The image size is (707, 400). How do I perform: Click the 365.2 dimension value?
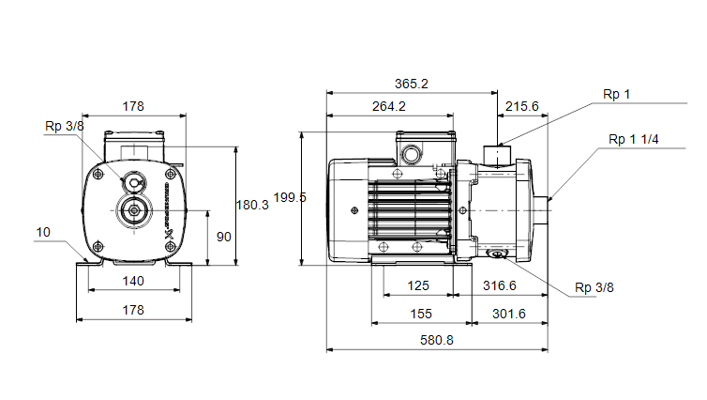(412, 84)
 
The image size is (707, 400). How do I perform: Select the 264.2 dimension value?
(389, 106)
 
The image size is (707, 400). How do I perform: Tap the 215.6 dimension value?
(521, 106)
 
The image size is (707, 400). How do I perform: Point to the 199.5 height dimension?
(290, 197)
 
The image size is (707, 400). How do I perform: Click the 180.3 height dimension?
(252, 205)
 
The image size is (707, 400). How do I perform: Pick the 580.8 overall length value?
(436, 340)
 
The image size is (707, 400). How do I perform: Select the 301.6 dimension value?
(508, 314)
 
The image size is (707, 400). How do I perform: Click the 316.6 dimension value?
(499, 285)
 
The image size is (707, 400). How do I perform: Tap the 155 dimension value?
(421, 314)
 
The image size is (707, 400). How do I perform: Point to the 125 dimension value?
(418, 285)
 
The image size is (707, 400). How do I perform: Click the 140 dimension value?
(133, 282)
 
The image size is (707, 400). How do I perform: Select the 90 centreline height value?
(224, 237)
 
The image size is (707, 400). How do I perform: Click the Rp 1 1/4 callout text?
(633, 140)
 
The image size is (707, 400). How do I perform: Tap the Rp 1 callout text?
(616, 94)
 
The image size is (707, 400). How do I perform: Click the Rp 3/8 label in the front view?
(65, 127)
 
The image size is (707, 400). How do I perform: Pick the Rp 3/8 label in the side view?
(594, 287)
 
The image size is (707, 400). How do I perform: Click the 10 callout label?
(43, 233)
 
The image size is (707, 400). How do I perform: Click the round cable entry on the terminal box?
(412, 154)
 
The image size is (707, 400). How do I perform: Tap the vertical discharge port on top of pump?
(497, 154)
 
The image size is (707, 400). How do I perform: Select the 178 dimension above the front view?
(133, 106)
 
